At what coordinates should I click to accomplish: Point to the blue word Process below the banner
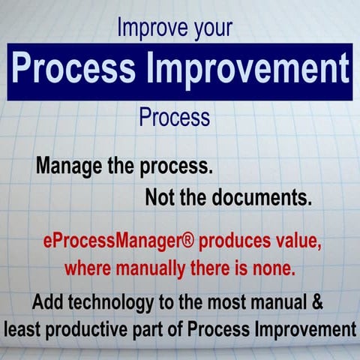(x=175, y=118)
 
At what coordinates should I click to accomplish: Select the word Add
(x=49, y=303)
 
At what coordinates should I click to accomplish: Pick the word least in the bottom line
(x=24, y=329)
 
